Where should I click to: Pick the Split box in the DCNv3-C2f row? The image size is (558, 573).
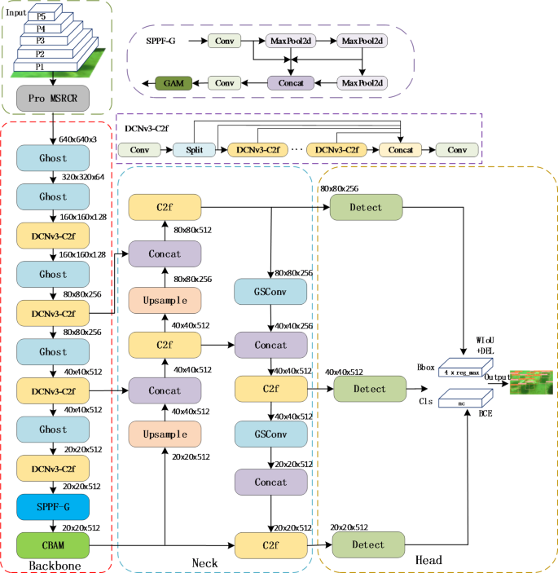coord(194,150)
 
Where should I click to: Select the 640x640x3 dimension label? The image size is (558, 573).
coord(77,139)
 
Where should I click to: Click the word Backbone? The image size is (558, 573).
coord(54,563)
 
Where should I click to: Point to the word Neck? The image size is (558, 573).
coord(204,562)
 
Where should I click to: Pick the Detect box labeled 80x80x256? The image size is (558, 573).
coord(367,207)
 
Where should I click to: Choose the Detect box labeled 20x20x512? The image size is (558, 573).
coord(367,543)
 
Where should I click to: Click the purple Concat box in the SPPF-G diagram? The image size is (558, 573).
coord(292,82)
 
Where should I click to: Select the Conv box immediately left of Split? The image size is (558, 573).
coord(140,150)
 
